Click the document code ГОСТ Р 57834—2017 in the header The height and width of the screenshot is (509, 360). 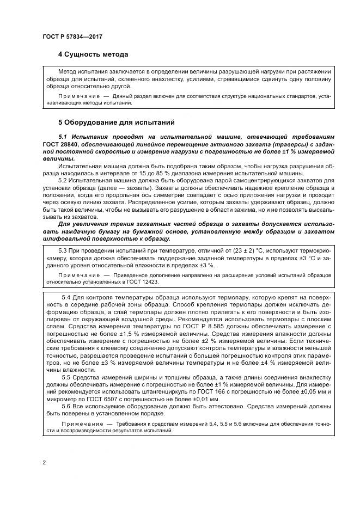72,36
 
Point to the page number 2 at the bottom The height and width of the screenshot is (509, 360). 44,463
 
